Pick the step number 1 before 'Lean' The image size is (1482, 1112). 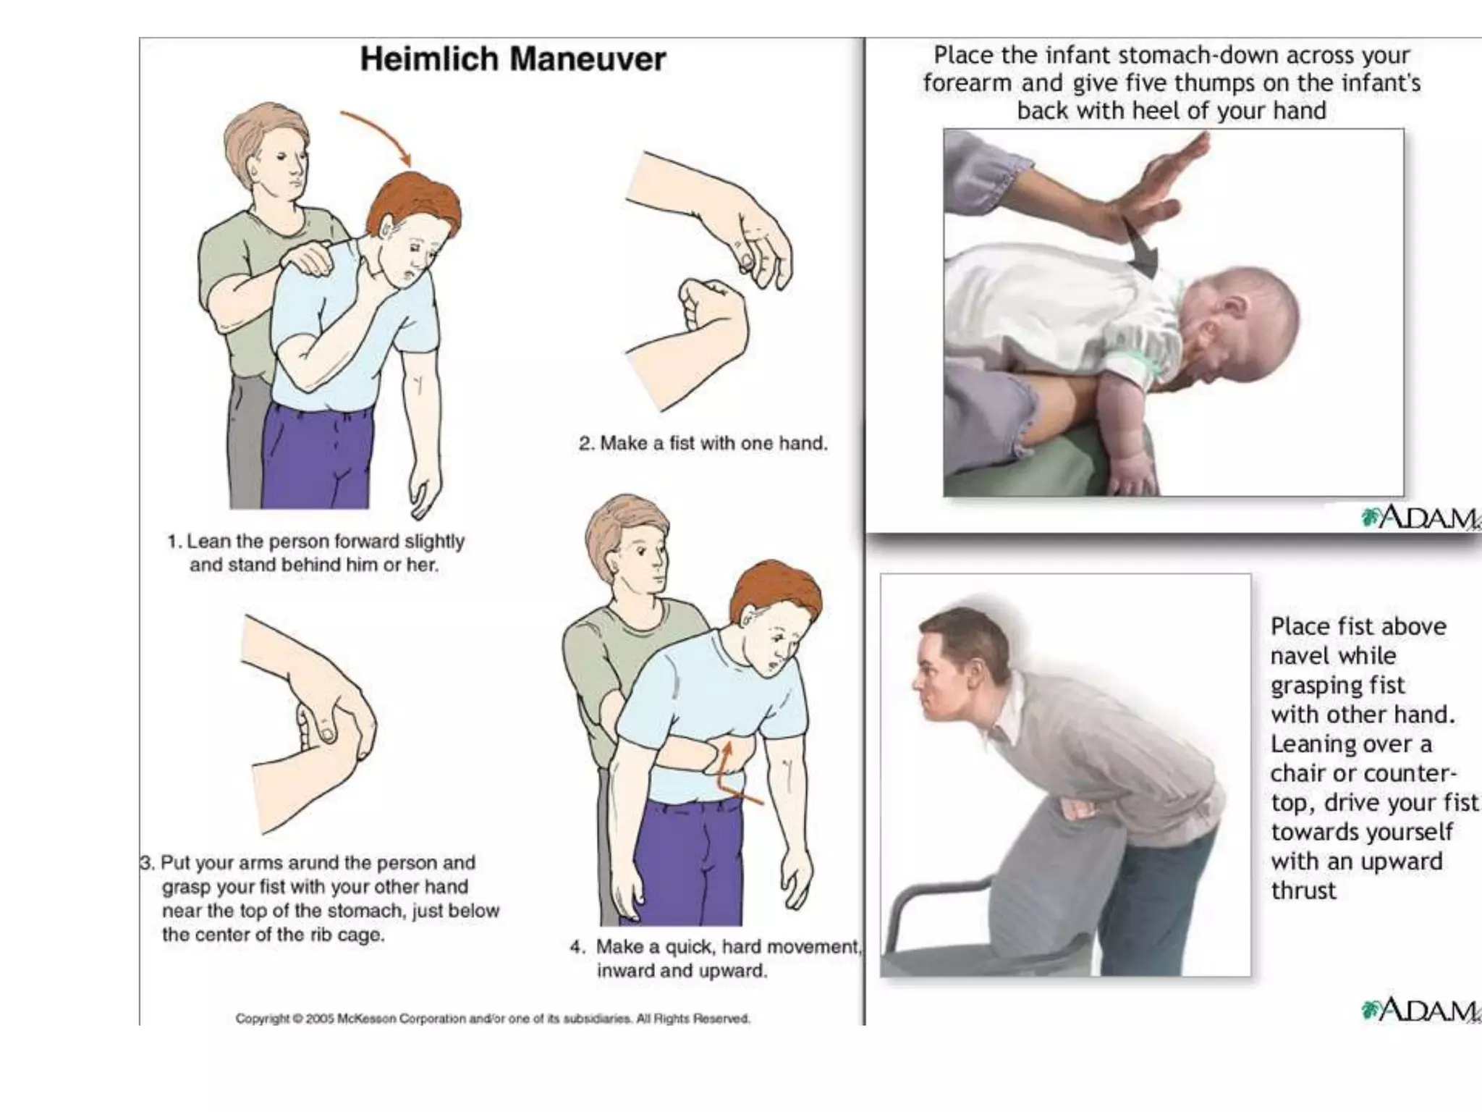172,542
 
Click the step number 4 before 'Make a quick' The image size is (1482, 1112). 576,947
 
